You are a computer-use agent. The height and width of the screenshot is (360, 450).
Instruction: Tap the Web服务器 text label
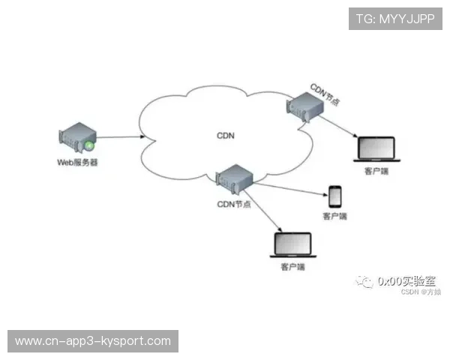click(x=77, y=162)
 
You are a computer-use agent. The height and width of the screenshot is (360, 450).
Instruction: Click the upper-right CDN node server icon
click(x=307, y=106)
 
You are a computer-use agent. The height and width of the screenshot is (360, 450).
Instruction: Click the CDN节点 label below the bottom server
click(x=234, y=204)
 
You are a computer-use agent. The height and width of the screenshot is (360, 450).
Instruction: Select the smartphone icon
click(x=335, y=196)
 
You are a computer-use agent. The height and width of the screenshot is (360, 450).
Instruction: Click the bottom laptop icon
click(x=293, y=244)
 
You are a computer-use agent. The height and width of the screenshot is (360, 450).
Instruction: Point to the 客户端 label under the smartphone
click(x=335, y=217)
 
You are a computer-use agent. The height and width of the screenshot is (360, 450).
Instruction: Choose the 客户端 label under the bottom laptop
click(x=293, y=266)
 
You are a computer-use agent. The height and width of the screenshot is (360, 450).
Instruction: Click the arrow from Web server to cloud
click(x=120, y=138)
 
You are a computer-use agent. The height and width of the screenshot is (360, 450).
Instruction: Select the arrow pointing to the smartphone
click(x=289, y=188)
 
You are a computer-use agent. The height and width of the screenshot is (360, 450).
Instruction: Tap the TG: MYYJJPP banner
click(x=394, y=19)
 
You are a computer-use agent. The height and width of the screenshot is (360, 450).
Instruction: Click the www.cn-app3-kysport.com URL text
click(x=93, y=341)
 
